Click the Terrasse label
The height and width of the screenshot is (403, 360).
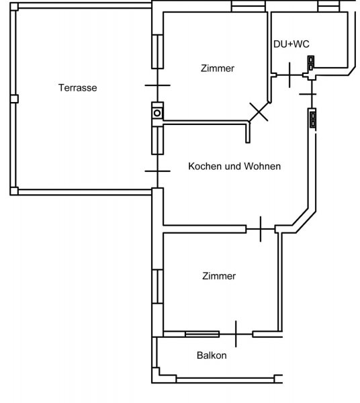pos(78,88)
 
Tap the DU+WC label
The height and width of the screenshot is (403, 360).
pos(291,44)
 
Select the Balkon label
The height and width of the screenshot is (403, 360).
pos(212,355)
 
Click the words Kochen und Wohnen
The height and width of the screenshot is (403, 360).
pos(234,167)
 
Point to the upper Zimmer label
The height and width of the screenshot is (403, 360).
pos(218,69)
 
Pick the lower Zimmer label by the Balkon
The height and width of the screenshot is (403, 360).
pos(219,276)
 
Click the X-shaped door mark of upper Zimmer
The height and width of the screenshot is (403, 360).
pos(259,111)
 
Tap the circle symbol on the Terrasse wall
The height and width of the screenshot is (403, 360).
pos(157,113)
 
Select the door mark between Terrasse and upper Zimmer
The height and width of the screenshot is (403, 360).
pos(158,85)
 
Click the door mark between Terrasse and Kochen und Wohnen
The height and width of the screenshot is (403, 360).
pos(158,171)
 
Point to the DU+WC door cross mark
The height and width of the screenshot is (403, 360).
pos(290,75)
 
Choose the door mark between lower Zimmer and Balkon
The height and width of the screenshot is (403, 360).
pos(236,334)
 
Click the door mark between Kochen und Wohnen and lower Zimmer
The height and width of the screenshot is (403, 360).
pos(261,229)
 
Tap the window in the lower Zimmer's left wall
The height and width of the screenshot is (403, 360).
pos(157,287)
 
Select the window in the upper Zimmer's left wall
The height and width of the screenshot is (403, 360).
pos(157,52)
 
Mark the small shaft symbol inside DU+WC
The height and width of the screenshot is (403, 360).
pos(311,63)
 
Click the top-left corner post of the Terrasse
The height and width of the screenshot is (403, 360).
pos(14,7)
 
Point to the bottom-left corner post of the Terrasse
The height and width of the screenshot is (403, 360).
pos(14,191)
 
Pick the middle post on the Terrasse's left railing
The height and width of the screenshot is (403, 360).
pos(14,99)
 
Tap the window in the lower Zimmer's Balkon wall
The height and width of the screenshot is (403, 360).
pos(202,334)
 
